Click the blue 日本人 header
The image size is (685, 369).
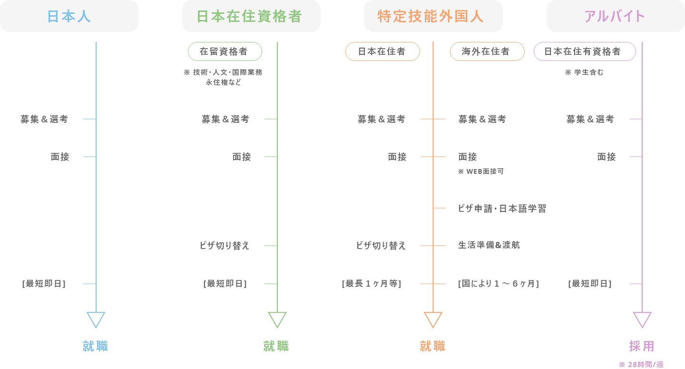pos(69,16)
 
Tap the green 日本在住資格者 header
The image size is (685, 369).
pos(251,16)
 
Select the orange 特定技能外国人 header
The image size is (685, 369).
pos(433,16)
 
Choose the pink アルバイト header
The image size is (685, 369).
pos(615,16)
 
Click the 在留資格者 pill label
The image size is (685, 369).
pos(225,51)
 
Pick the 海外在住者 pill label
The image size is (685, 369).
pos(487,51)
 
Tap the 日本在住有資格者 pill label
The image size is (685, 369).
pos(584,51)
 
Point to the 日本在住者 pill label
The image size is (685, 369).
pos(382,51)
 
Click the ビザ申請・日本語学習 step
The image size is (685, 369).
pos(502,209)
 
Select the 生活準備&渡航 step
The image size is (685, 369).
pos(489,245)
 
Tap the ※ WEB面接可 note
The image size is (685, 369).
pos(480,171)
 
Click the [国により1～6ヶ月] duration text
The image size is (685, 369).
pos(498,284)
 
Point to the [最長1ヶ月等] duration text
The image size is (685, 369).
pos(372,284)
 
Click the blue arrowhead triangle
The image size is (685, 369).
pos(96,319)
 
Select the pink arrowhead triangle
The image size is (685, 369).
pos(642,319)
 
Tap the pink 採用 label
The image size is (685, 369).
pos(642,346)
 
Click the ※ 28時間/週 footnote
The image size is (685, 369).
pos(641,365)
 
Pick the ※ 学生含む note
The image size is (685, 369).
pos(584,72)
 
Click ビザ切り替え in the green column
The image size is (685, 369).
pos(224,246)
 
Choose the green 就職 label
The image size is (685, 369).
pos(276,346)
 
